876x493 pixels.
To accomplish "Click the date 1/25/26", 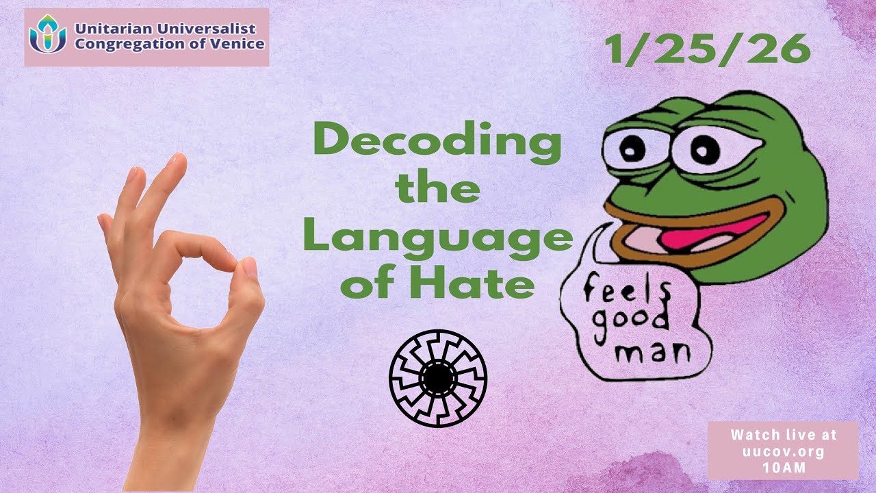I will tap(708, 49).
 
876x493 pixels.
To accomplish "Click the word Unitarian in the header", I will tap(109, 29).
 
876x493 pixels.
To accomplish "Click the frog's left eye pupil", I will tap(634, 145).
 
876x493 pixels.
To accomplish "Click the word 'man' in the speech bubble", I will tap(650, 353).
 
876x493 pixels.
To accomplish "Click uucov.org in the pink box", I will tap(783, 452).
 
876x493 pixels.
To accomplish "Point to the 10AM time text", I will tap(783, 468).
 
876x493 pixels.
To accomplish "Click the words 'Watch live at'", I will tap(783, 435).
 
